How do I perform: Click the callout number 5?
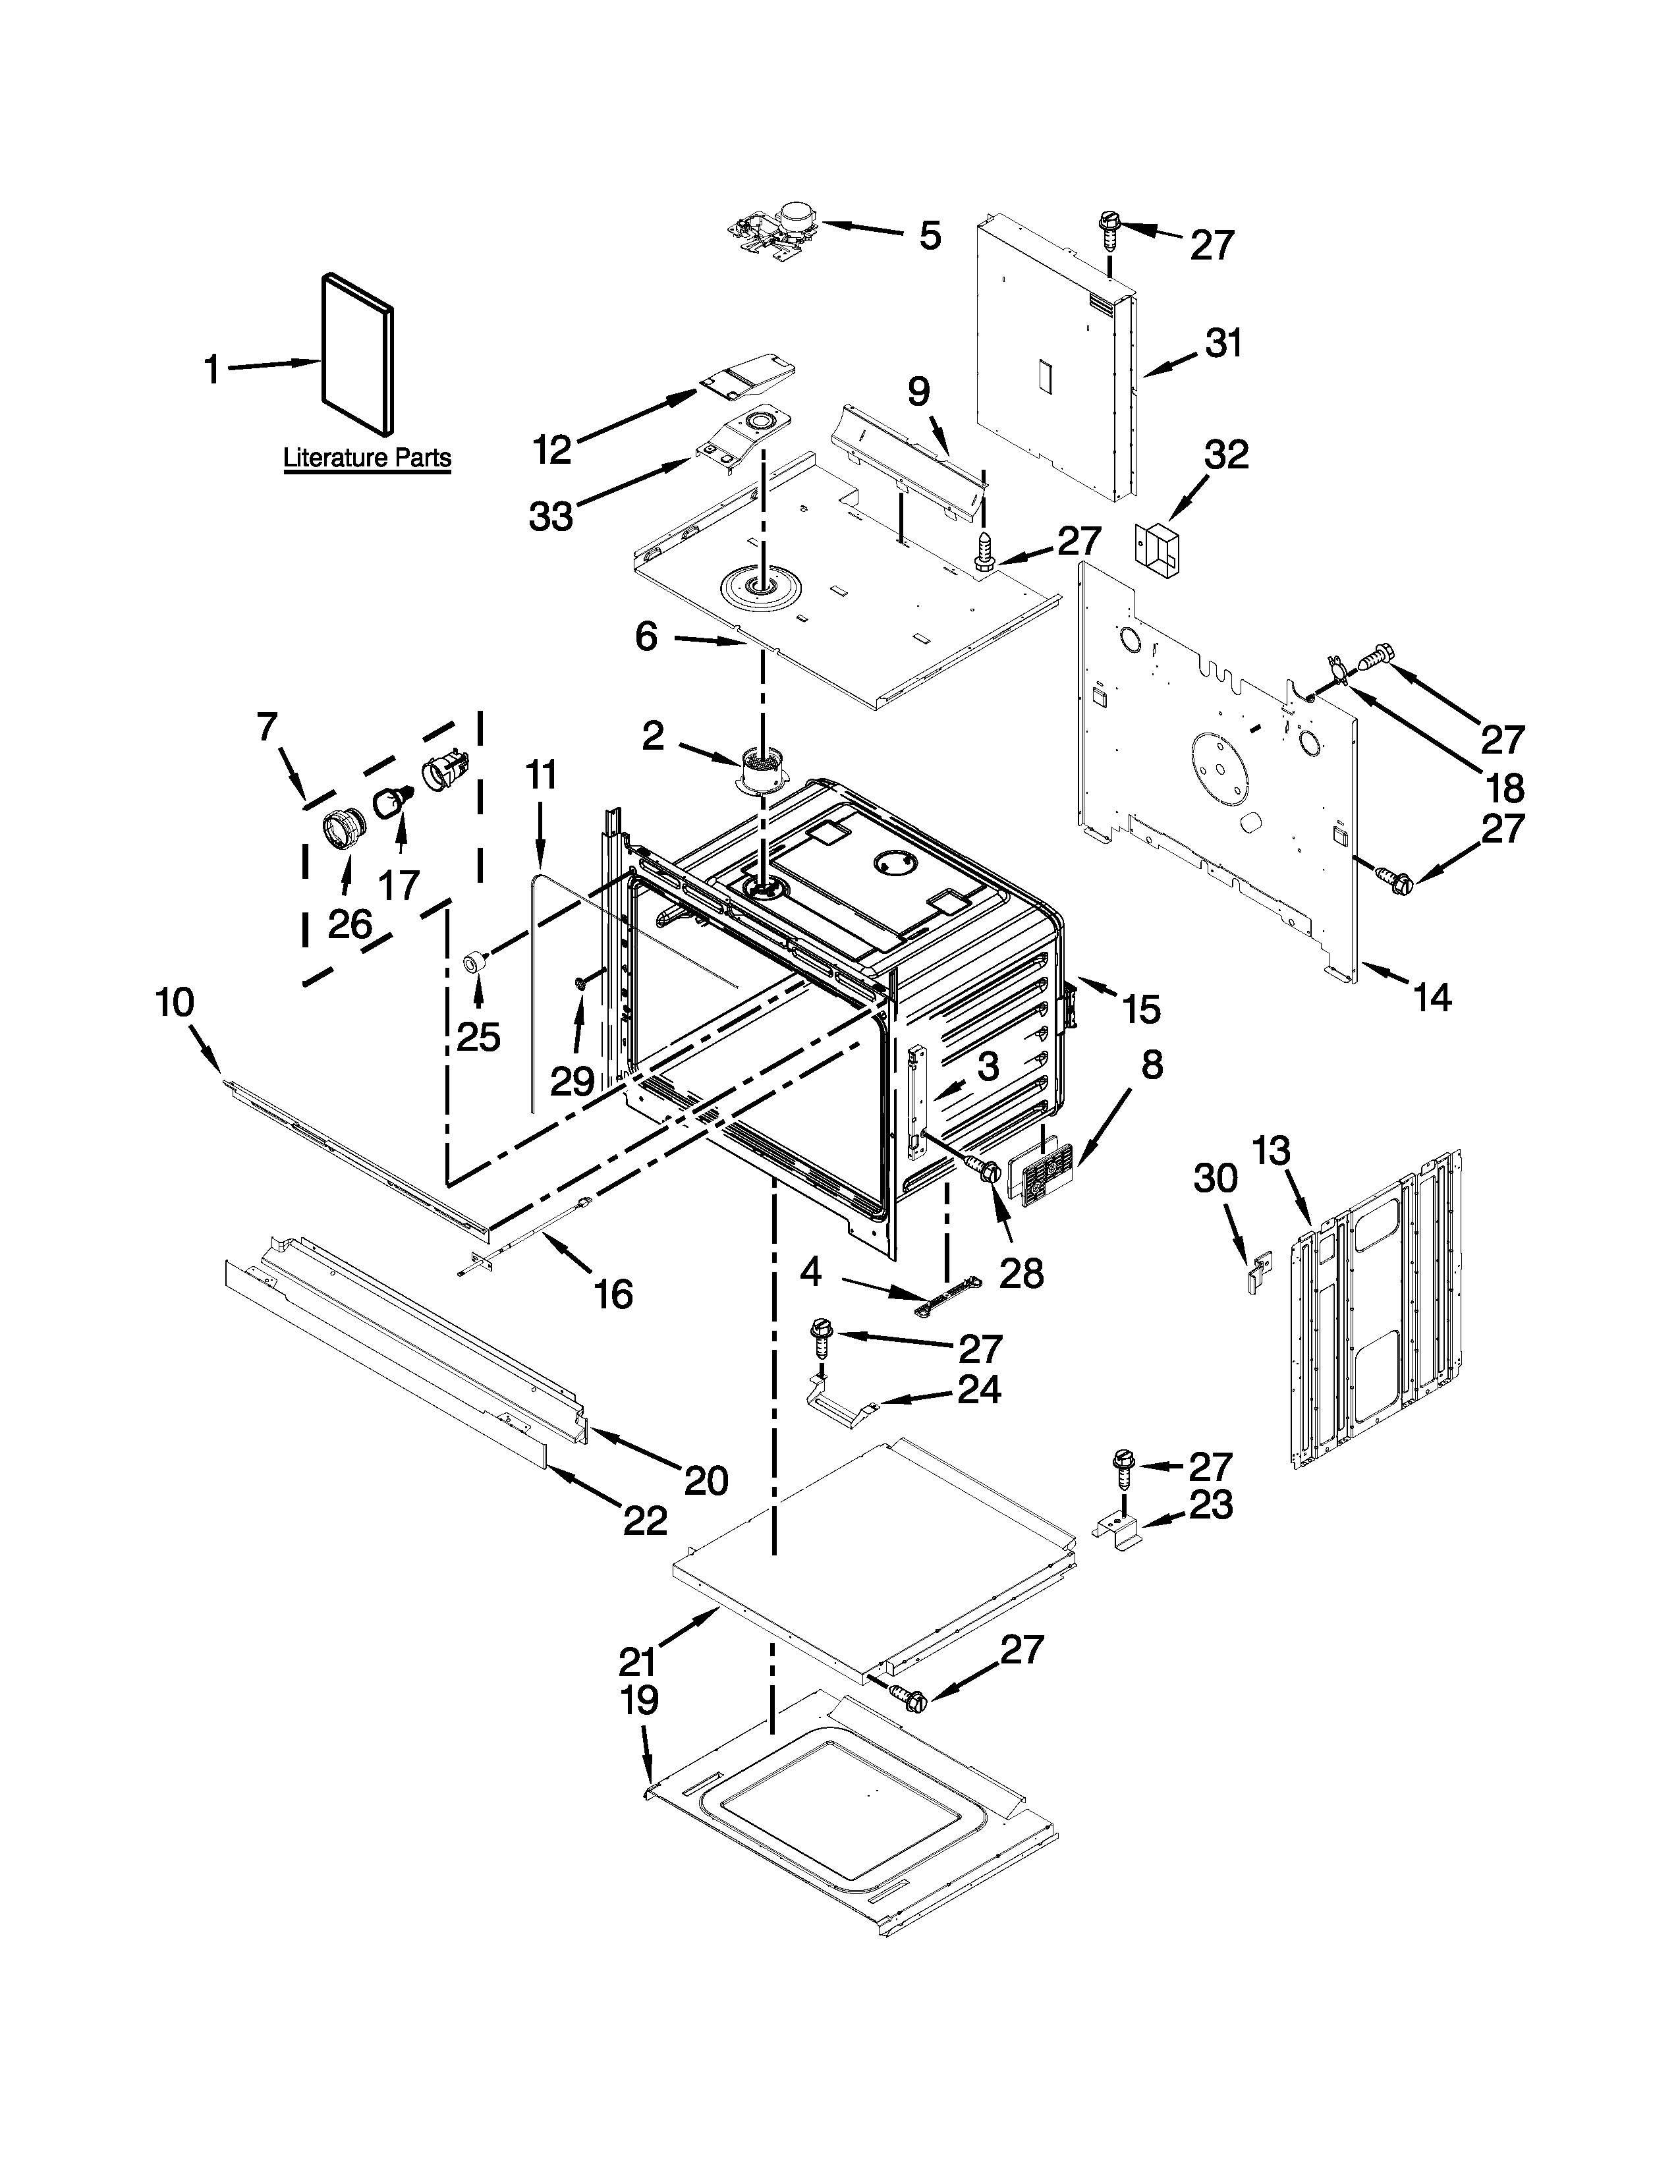[928, 237]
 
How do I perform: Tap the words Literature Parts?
[367, 459]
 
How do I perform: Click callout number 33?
[550, 516]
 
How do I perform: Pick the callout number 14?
[1433, 995]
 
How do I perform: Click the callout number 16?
[613, 1294]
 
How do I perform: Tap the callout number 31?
[1223, 345]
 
